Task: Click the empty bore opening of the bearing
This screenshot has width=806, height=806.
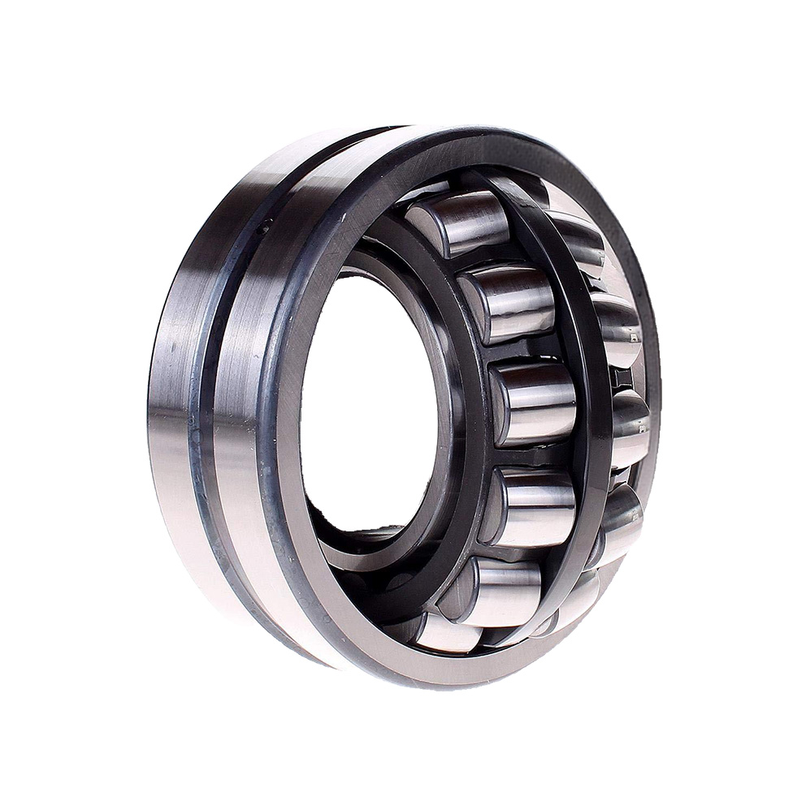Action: pyautogui.click(x=370, y=398)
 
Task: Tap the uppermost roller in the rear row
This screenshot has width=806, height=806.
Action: pyautogui.click(x=575, y=236)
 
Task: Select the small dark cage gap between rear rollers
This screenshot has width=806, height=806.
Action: pyautogui.click(x=622, y=377)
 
